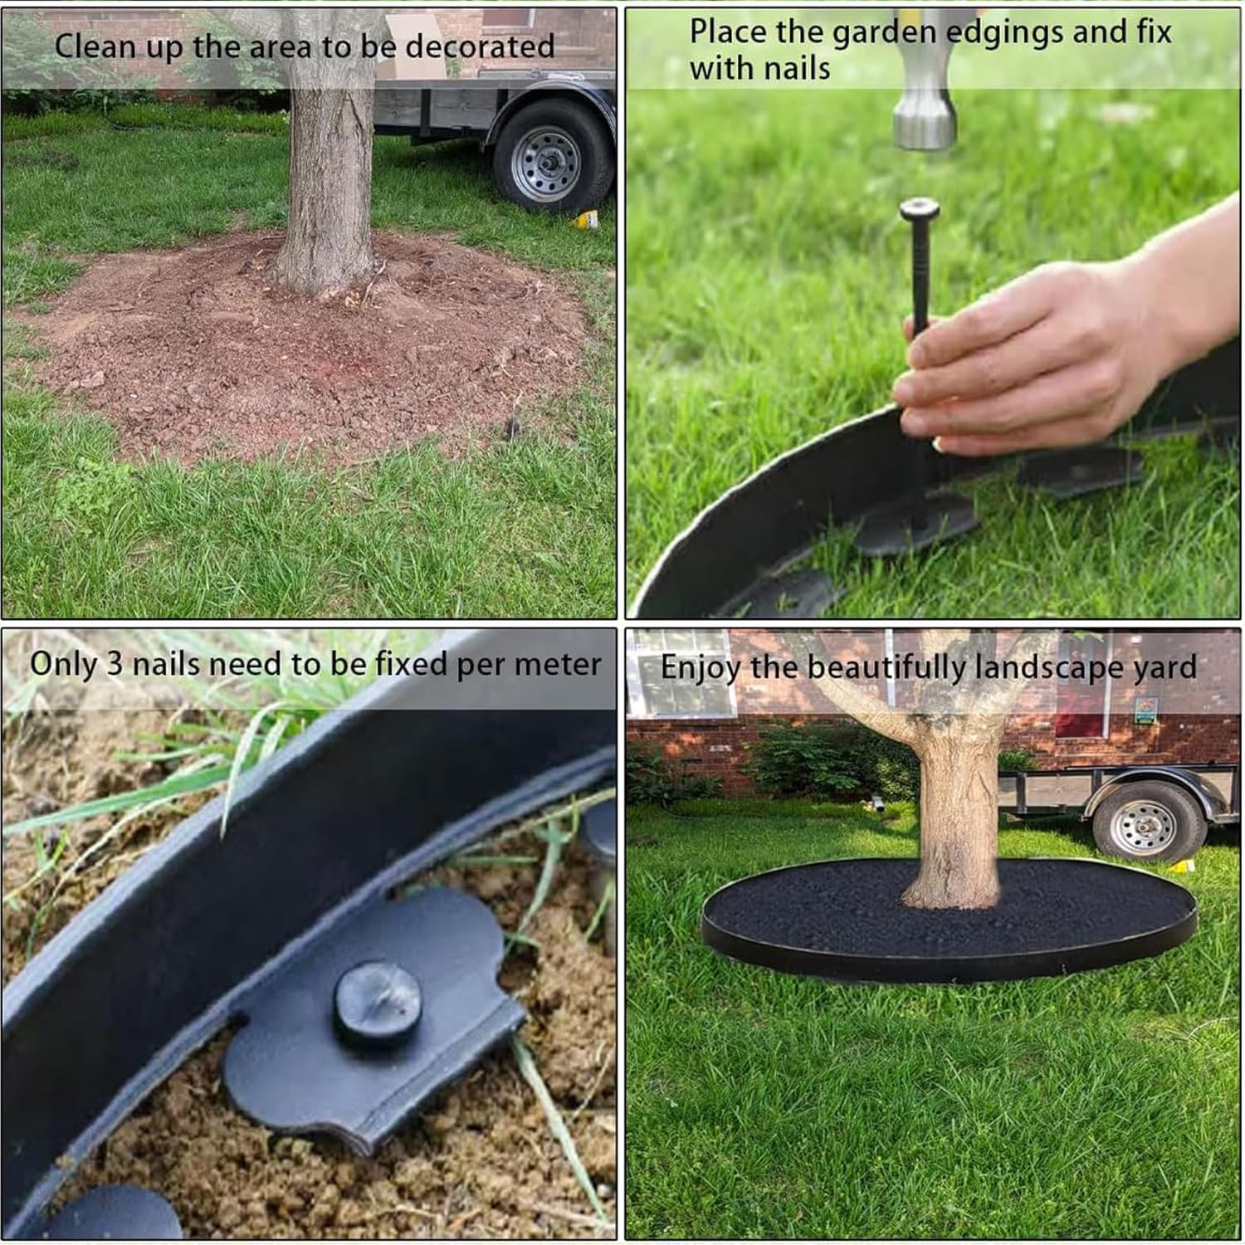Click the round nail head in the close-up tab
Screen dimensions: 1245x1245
pyautogui.click(x=378, y=1003)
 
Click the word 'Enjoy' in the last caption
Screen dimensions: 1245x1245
pyautogui.click(x=699, y=669)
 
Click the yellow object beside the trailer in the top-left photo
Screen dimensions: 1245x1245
pyautogui.click(x=586, y=219)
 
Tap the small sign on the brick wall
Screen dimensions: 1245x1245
pyautogui.click(x=1145, y=710)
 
